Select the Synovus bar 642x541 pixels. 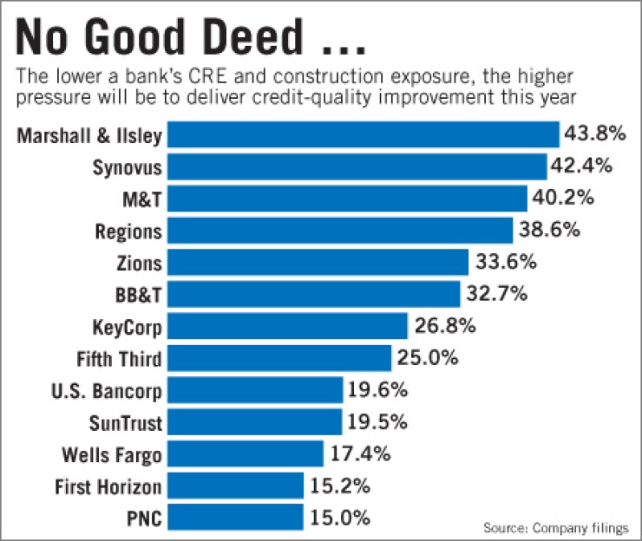click(357, 166)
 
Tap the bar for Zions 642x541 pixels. click(318, 262)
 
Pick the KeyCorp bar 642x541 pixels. click(287, 326)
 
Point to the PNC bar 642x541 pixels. click(235, 518)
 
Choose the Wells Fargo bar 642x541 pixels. click(246, 453)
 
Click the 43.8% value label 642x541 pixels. click(595, 134)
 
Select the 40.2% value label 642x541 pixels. click(563, 199)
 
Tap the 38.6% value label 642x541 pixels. click(547, 230)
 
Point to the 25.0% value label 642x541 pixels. click(427, 357)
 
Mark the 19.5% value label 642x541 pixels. click(378, 421)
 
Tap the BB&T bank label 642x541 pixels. click(138, 294)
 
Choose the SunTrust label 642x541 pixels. click(125, 422)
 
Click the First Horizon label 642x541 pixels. click(108, 486)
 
